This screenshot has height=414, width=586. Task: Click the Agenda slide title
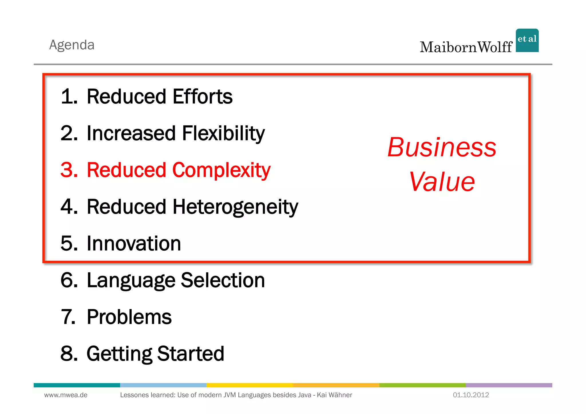click(72, 45)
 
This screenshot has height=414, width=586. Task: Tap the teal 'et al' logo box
click(527, 40)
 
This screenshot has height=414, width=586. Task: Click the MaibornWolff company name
click(466, 47)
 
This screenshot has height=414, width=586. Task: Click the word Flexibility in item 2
click(223, 133)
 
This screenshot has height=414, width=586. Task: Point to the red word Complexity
click(221, 170)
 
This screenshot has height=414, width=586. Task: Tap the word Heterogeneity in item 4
click(235, 207)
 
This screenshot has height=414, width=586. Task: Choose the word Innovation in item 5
click(134, 243)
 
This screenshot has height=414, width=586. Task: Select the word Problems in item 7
click(129, 317)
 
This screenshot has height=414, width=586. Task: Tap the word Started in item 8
click(191, 354)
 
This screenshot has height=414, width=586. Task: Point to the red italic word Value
click(442, 182)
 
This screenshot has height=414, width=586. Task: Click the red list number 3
click(69, 170)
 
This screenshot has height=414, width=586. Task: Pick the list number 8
click(69, 354)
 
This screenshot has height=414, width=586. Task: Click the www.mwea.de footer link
click(66, 395)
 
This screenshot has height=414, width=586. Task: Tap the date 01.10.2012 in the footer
click(471, 395)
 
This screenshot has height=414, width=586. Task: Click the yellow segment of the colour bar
click(250, 385)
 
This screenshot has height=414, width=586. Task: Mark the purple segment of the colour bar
click(509, 385)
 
